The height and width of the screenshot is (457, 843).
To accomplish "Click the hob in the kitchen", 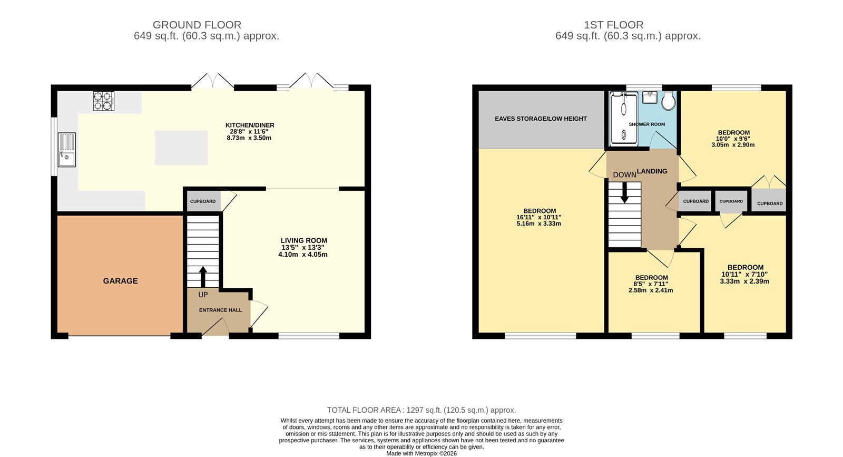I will click(104, 101).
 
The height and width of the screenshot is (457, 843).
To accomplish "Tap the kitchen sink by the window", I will click(67, 150).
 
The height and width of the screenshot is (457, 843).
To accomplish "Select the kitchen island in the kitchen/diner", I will click(181, 148).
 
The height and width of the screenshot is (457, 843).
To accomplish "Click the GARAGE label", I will click(120, 281).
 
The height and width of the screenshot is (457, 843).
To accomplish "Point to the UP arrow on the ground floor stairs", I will click(203, 276).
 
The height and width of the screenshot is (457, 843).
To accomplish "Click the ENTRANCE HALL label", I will click(220, 310).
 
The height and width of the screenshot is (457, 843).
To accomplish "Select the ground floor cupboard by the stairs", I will click(203, 201).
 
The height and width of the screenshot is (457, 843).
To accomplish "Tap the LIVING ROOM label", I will click(303, 240).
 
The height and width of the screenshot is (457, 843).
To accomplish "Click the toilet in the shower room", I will click(668, 100).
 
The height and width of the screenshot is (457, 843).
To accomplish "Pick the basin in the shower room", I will click(650, 98).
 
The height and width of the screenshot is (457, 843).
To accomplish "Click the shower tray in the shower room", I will click(623, 118).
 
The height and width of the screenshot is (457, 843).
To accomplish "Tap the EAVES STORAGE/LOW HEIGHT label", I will click(541, 119).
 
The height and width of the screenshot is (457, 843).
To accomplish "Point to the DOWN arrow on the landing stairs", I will click(624, 192).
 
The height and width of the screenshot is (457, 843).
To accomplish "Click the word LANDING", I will click(652, 171).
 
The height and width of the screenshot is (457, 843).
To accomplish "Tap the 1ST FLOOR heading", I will click(613, 25).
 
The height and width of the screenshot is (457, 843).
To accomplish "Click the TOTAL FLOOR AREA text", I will click(421, 410).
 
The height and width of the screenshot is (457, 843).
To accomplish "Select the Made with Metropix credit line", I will click(421, 453).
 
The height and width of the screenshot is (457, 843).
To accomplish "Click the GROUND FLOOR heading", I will click(197, 25).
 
